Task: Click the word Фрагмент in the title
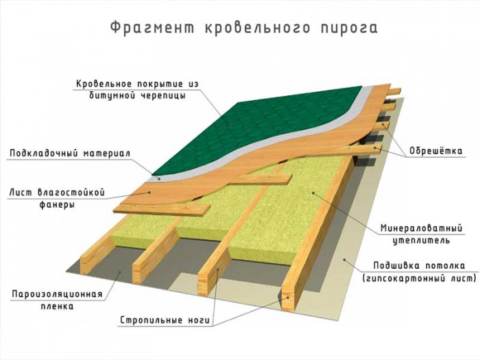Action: [x=152, y=28]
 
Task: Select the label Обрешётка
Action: [x=436, y=151]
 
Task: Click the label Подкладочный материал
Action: [x=70, y=154]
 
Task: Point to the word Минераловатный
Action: [x=421, y=228]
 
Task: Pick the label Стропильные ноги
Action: [x=165, y=320]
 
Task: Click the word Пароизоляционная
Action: [x=57, y=294]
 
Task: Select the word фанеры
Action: [x=57, y=204]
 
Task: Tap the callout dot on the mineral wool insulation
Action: [x=313, y=193]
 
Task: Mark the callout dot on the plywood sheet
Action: [x=149, y=192]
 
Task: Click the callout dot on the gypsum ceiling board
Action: [x=344, y=260]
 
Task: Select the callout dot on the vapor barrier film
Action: [x=120, y=272]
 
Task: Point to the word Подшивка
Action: [x=394, y=266]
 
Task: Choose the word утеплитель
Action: [x=421, y=241]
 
